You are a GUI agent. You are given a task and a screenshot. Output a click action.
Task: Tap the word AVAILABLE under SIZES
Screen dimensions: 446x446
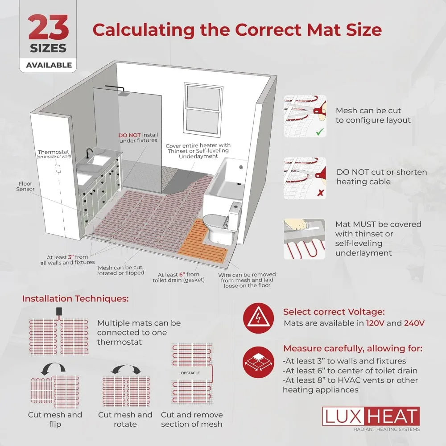tap(49, 65)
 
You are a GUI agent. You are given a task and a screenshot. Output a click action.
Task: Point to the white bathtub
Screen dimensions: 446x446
tap(223, 187)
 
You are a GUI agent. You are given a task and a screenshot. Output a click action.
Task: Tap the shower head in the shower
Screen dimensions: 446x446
tap(125, 93)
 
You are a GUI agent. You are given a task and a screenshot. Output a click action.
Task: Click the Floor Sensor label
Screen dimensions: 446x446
tap(25, 186)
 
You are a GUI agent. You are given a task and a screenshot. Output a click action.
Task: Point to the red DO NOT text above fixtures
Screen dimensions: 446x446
tap(128, 135)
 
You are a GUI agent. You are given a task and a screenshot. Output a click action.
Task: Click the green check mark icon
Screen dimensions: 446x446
tap(319, 132)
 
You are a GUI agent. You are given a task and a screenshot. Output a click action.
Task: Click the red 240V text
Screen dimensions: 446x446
tap(414, 323)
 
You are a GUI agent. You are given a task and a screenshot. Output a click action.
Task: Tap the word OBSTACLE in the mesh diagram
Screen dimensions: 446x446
tap(190, 372)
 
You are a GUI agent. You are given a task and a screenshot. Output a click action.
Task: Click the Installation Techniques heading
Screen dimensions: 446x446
tap(75, 299)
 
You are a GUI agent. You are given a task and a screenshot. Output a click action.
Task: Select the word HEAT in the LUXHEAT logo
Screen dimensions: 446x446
tap(392, 416)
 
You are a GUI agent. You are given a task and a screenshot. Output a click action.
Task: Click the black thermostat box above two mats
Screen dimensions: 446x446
tap(59, 311)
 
